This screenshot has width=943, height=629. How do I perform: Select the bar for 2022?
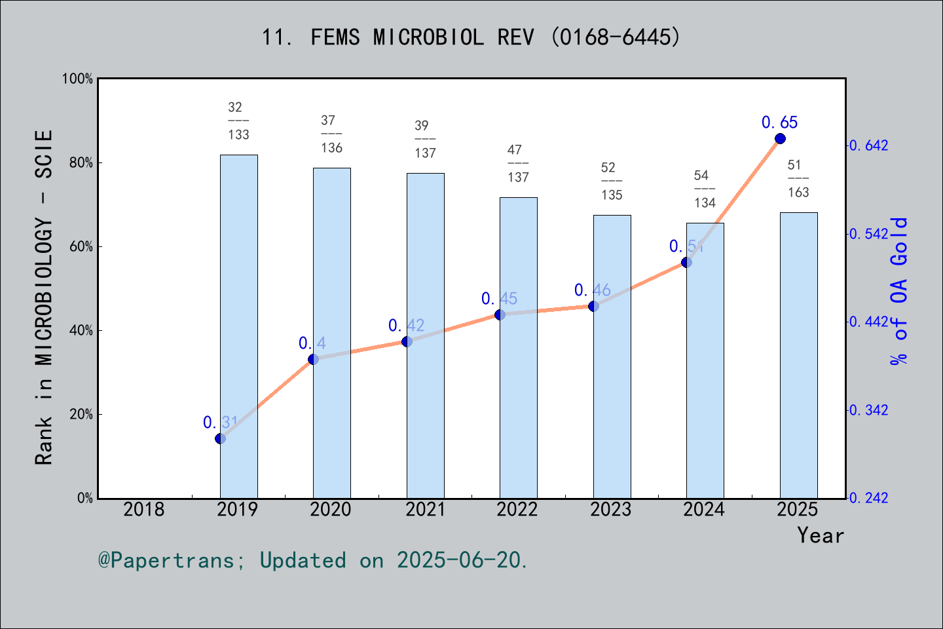click(x=518, y=347)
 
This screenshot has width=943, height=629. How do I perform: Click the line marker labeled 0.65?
click(x=780, y=138)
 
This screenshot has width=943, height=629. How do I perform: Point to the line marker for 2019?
click(x=221, y=438)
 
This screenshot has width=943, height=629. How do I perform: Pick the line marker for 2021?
click(x=407, y=341)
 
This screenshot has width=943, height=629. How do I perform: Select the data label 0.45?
click(x=499, y=299)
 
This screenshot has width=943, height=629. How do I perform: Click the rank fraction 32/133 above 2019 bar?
click(x=238, y=121)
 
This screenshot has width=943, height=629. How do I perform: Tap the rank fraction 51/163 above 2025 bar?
click(x=798, y=178)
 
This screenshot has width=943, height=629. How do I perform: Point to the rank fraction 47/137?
click(x=518, y=163)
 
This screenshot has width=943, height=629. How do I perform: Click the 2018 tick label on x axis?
click(x=144, y=509)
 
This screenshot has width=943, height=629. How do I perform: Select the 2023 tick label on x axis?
click(x=610, y=509)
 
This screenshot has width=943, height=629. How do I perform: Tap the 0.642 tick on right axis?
click(x=869, y=145)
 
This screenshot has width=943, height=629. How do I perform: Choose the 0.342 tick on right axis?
click(x=869, y=410)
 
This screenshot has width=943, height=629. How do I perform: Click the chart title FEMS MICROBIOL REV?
click(x=471, y=37)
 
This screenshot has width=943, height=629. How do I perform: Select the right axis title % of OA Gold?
click(x=899, y=291)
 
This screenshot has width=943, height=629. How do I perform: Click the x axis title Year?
click(x=820, y=535)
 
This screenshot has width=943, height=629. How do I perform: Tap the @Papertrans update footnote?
click(x=312, y=560)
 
